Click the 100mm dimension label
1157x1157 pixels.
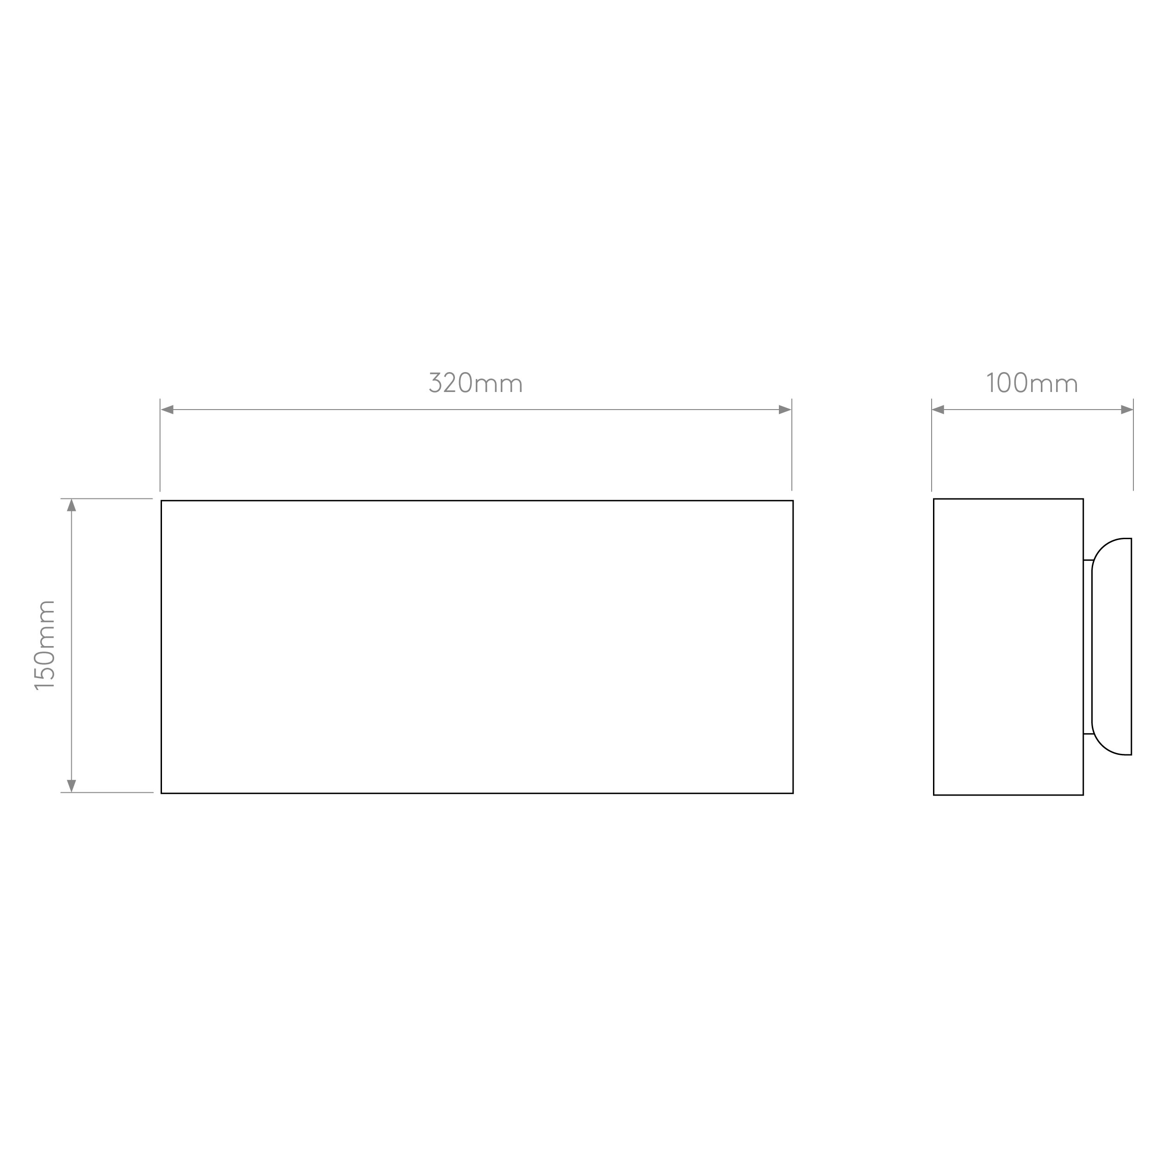(x=1032, y=383)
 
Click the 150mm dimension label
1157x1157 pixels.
(x=44, y=645)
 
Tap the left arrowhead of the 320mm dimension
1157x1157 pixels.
(x=167, y=410)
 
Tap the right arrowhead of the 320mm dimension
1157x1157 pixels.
(x=784, y=410)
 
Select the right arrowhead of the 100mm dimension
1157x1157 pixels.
(x=1126, y=410)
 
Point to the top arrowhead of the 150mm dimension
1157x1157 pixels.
(x=71, y=505)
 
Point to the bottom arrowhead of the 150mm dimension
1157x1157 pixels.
(x=71, y=786)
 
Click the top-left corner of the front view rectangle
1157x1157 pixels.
(x=161, y=501)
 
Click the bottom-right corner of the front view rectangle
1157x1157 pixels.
(x=793, y=794)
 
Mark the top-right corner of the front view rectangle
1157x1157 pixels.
(x=793, y=501)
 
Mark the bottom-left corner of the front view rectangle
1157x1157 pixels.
(x=161, y=794)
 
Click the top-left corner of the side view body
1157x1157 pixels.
(x=933, y=499)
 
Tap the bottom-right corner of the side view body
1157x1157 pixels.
(x=1083, y=795)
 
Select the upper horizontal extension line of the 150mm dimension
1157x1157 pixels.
(x=106, y=498)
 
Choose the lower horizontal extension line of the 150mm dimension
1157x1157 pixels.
(x=106, y=792)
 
